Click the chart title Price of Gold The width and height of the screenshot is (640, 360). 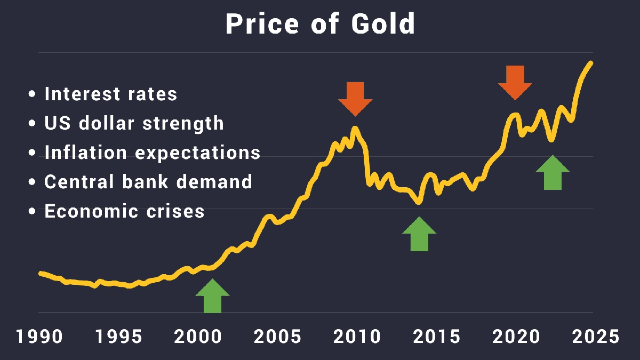(320, 23)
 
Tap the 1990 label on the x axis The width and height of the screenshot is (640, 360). (39, 337)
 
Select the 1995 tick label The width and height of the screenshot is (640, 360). (118, 337)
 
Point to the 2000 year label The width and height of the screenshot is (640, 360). (198, 337)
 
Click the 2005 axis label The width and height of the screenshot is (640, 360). (277, 337)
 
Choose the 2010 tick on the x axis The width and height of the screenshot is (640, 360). (356, 337)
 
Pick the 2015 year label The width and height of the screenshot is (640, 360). (436, 337)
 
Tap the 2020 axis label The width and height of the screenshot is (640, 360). (515, 337)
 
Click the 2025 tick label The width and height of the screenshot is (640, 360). (595, 337)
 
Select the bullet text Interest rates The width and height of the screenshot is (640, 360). (110, 94)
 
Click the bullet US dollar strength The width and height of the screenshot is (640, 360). (134, 123)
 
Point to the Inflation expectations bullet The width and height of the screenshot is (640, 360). (152, 153)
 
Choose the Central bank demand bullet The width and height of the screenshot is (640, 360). (148, 182)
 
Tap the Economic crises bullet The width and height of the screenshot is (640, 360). (124, 211)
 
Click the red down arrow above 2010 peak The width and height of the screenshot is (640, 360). (355, 98)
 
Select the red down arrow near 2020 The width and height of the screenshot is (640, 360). (515, 82)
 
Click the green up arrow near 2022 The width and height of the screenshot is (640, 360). (553, 173)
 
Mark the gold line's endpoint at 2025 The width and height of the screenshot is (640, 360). (591, 63)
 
